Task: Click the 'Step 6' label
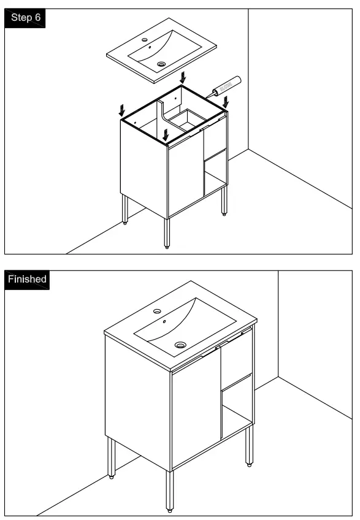(x=26, y=17)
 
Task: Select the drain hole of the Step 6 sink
(x=161, y=63)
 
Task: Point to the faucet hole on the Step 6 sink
(x=145, y=40)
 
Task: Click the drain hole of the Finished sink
(x=180, y=345)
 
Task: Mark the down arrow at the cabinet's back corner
(x=182, y=77)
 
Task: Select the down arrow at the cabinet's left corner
(x=121, y=110)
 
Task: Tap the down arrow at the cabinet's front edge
(x=166, y=133)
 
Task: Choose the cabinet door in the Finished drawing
(x=195, y=417)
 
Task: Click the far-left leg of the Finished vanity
(x=112, y=456)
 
